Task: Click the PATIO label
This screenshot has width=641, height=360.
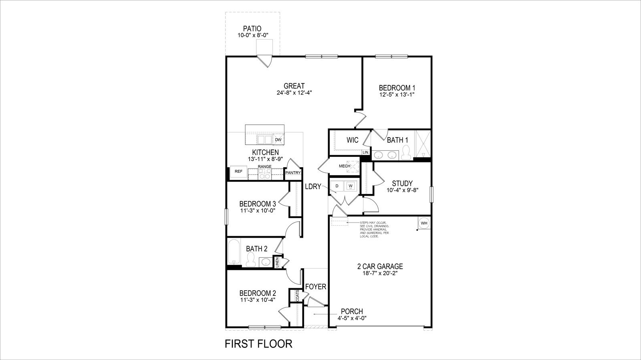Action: [252, 29]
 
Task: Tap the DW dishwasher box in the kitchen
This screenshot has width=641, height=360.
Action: [278, 140]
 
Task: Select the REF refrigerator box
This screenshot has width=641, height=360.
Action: [238, 172]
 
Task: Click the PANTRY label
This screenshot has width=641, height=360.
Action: [293, 173]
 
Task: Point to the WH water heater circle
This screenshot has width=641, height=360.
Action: [424, 223]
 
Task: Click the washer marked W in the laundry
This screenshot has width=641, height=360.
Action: [351, 186]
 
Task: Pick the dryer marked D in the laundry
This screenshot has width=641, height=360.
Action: [337, 186]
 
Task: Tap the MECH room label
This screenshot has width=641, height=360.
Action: [345, 166]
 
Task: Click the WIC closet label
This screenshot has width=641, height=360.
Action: [353, 140]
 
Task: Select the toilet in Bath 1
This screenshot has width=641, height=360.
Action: [406, 152]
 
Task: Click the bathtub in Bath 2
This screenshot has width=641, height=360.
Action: [233, 251]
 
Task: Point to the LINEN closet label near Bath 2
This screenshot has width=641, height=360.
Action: [277, 262]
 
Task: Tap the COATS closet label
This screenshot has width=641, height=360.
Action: [298, 296]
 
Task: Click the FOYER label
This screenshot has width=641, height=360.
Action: [316, 287]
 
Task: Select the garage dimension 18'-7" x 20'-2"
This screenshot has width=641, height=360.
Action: [380, 274]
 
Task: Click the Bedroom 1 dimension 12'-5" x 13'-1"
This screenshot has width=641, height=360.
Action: [397, 95]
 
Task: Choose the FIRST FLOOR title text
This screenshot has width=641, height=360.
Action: [258, 344]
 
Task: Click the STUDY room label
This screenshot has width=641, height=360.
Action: [402, 184]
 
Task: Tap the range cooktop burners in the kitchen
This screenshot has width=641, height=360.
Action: [264, 174]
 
